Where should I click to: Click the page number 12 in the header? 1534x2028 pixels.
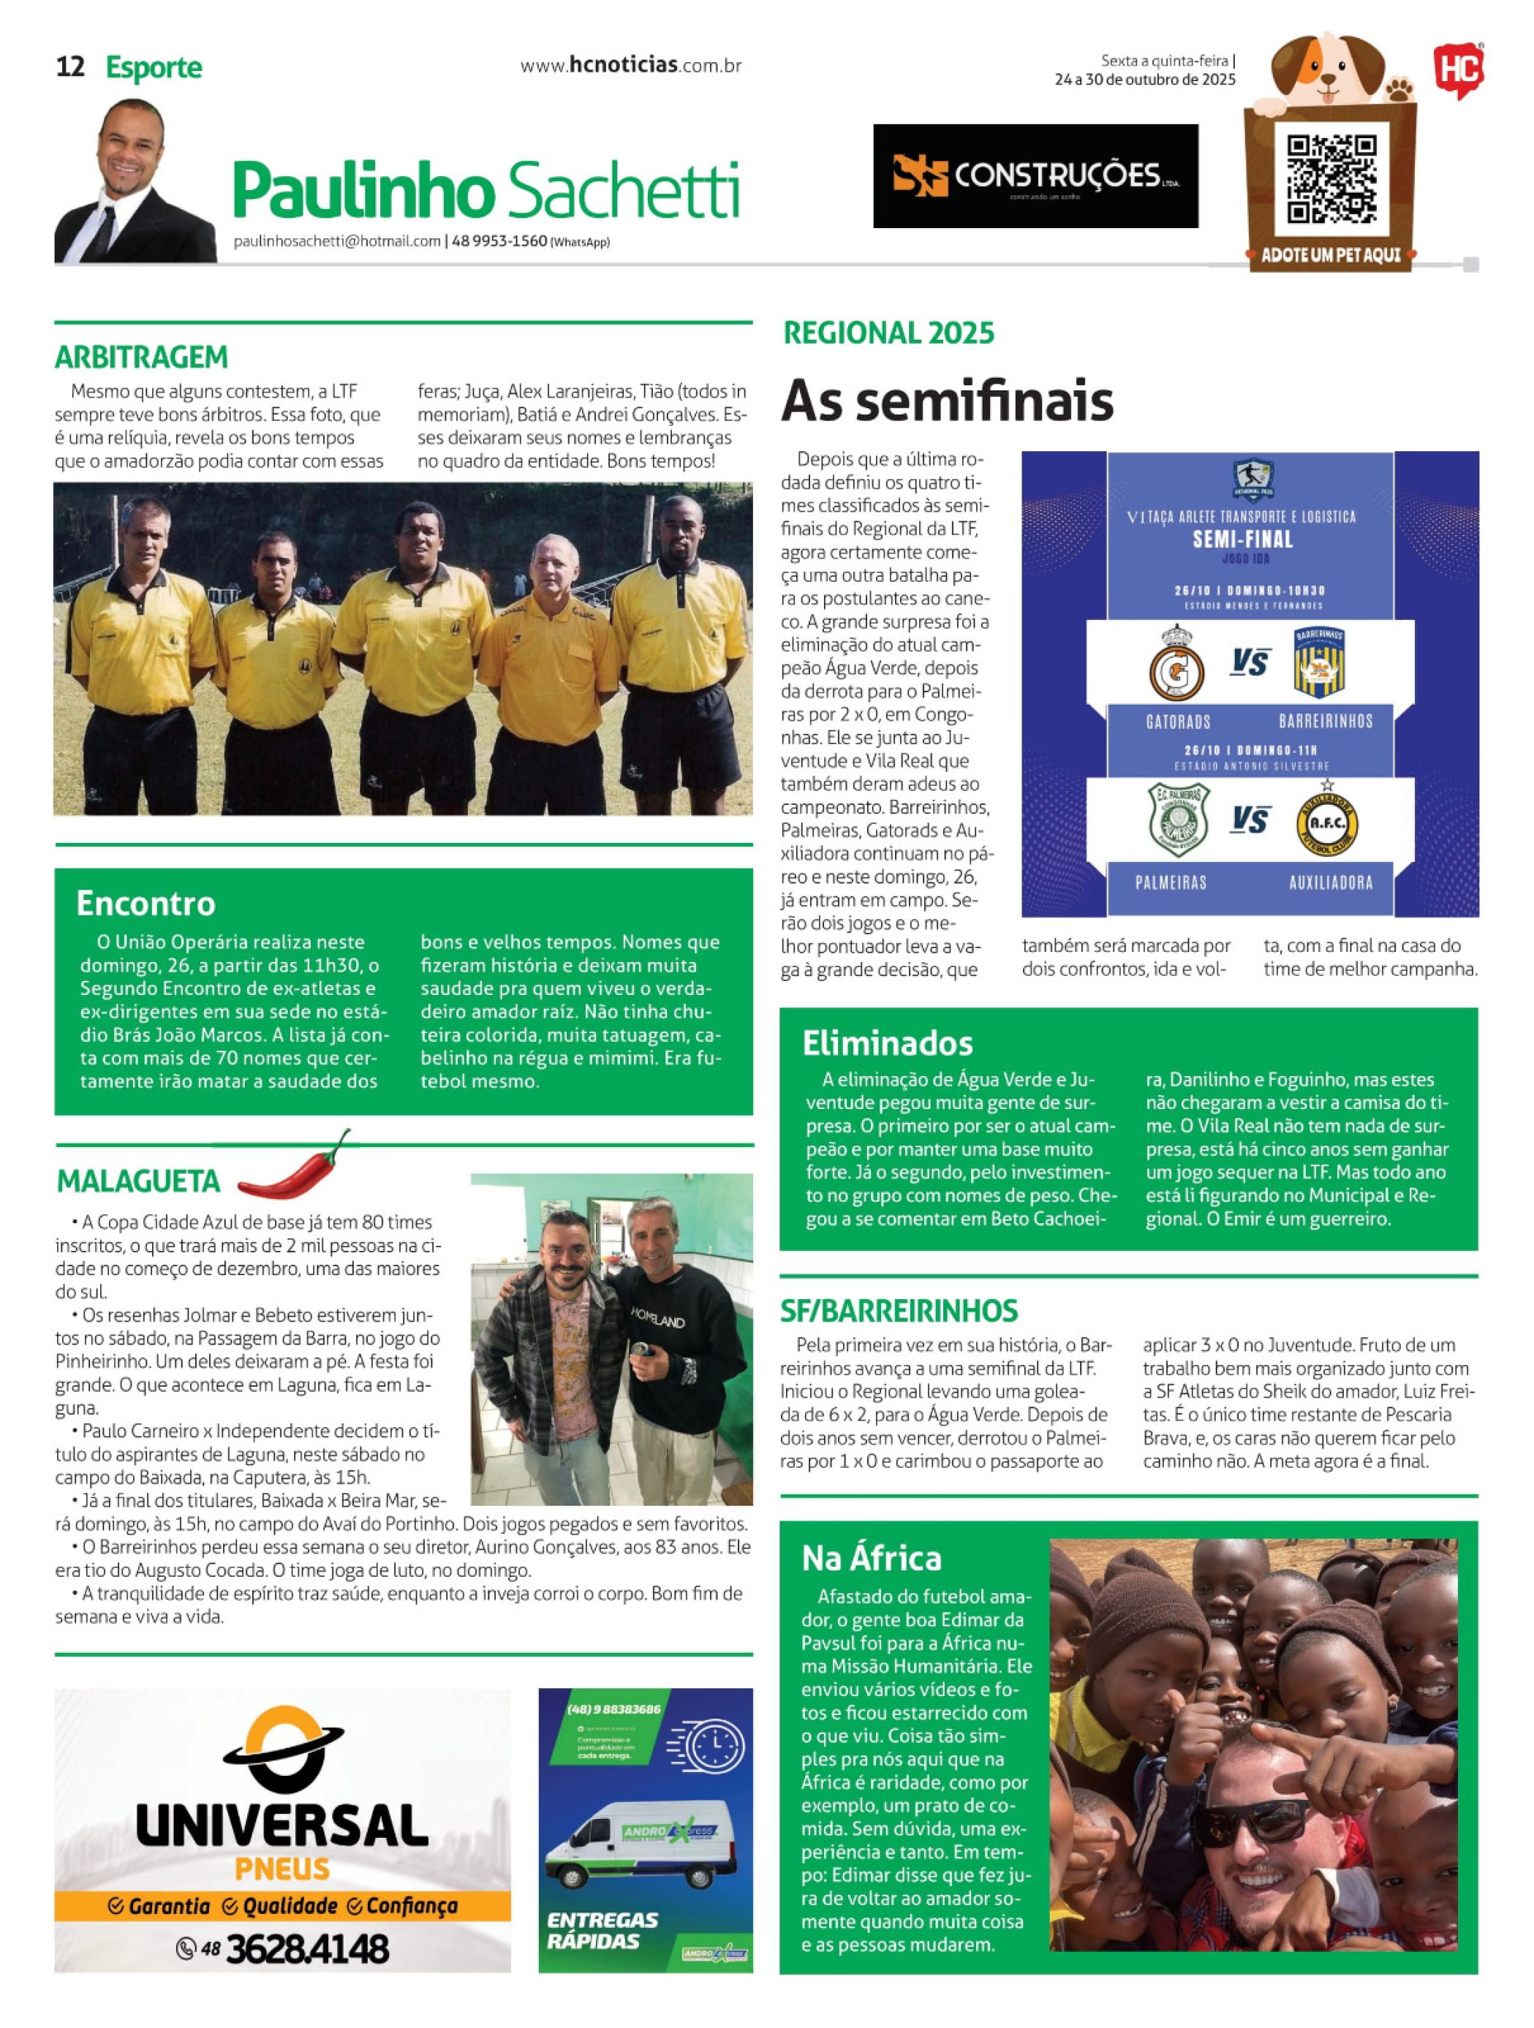71,67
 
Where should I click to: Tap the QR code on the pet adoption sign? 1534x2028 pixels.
1331,179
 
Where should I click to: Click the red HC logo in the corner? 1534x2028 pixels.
1457,71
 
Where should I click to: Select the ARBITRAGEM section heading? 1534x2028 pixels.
141,357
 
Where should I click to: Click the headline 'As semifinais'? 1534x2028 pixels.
946,401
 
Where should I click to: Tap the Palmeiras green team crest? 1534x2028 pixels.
1179,820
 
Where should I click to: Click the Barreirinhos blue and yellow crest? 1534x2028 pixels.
1320,664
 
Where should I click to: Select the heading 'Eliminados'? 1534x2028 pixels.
887,1043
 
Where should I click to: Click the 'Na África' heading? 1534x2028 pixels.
871,1558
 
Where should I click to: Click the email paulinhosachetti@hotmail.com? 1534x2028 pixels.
337,242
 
